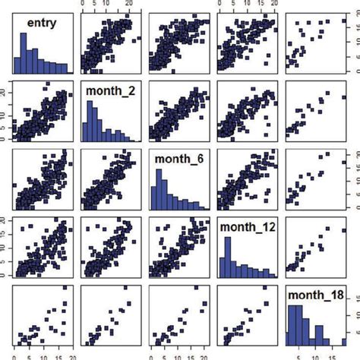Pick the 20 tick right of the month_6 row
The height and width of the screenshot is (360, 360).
pyautogui.click(x=354, y=153)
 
